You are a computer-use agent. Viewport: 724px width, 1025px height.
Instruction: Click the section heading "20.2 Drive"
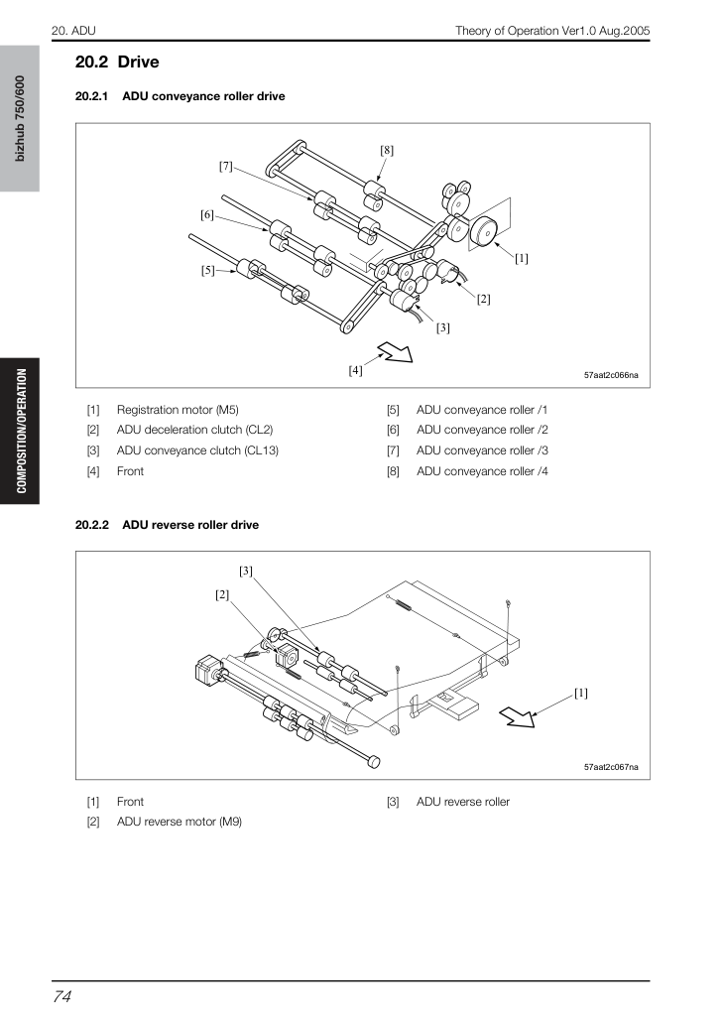(x=117, y=63)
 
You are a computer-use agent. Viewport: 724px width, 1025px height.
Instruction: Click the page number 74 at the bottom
(x=61, y=996)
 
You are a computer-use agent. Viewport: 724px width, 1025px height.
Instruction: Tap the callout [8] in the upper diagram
(x=387, y=151)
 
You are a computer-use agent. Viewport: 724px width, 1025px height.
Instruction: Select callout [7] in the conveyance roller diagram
(x=225, y=167)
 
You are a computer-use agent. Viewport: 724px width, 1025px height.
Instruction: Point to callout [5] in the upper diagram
(x=208, y=270)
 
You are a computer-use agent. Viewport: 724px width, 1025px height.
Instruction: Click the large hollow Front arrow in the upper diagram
(x=395, y=353)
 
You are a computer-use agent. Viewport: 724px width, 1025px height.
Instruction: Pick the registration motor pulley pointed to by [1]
(x=484, y=230)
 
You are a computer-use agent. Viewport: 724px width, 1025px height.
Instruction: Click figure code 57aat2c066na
(x=611, y=375)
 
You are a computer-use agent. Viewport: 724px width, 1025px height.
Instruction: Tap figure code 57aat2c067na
(x=611, y=767)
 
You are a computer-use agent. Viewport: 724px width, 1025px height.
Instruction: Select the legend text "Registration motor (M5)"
(x=178, y=410)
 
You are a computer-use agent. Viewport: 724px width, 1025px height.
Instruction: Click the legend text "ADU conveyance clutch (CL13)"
(x=197, y=450)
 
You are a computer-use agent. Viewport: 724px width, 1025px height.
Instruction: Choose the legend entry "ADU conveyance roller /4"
(x=482, y=471)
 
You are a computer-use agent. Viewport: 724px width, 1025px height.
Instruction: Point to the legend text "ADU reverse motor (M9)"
(x=180, y=822)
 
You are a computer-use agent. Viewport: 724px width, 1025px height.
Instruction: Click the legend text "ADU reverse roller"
(x=462, y=802)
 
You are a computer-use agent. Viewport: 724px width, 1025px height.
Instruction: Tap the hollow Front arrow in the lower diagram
(x=518, y=716)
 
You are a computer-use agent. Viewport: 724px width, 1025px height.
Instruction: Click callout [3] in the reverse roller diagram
(x=246, y=572)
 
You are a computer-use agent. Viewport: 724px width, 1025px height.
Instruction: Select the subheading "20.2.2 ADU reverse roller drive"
(x=167, y=525)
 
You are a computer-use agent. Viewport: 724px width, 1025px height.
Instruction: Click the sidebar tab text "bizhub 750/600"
(x=20, y=118)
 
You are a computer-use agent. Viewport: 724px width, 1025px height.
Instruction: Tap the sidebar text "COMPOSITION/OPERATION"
(x=22, y=431)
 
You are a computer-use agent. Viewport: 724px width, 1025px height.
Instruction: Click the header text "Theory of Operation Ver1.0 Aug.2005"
(x=552, y=31)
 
